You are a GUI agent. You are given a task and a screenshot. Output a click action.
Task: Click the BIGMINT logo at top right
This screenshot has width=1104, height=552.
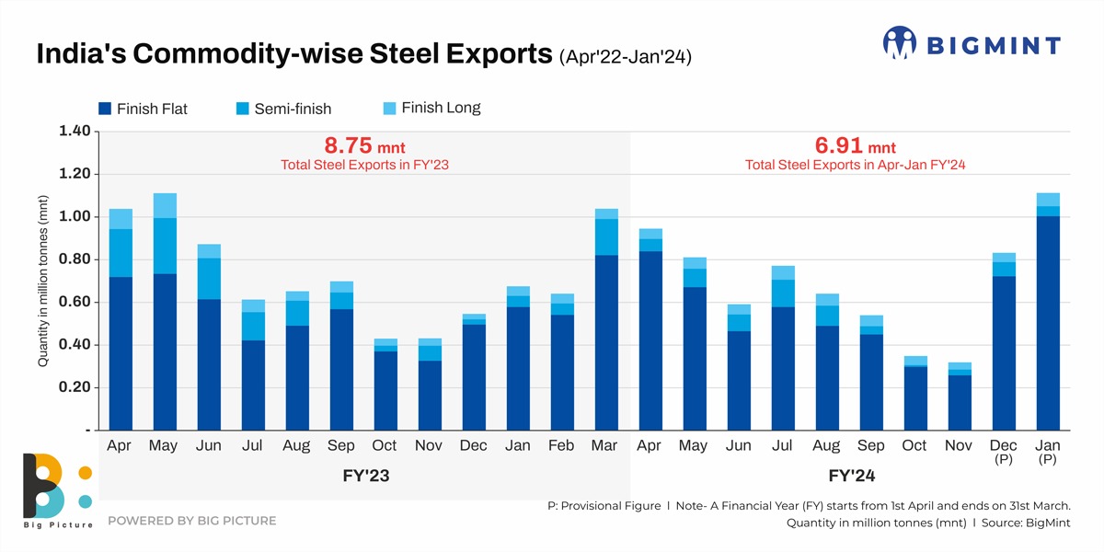[x=972, y=43]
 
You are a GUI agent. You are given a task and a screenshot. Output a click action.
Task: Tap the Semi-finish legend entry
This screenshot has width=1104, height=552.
[x=282, y=109]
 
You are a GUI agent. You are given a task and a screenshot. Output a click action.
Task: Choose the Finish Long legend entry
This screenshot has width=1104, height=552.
[x=431, y=108]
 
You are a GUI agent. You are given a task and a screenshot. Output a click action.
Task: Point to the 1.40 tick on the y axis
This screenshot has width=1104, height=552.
[x=74, y=132]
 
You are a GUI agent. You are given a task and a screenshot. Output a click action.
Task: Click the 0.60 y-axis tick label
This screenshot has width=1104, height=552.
[x=74, y=303]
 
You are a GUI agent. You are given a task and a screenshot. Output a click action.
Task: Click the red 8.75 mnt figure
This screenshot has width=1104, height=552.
[x=364, y=145]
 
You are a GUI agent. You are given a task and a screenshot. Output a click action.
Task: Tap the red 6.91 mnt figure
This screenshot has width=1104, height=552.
[x=855, y=145]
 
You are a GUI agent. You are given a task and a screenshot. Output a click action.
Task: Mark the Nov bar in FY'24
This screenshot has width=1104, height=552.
[x=960, y=396]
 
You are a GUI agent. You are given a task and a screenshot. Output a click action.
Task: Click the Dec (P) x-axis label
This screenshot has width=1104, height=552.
[x=1004, y=452]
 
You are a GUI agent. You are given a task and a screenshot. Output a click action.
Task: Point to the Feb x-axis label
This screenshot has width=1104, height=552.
[x=562, y=446]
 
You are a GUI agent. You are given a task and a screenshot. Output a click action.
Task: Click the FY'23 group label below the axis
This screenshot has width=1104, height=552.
[x=364, y=477]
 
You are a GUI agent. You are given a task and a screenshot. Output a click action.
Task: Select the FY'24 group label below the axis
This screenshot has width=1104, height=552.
[x=849, y=477]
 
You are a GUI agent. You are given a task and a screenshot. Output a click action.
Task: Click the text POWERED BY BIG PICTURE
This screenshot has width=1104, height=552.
[x=191, y=521]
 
